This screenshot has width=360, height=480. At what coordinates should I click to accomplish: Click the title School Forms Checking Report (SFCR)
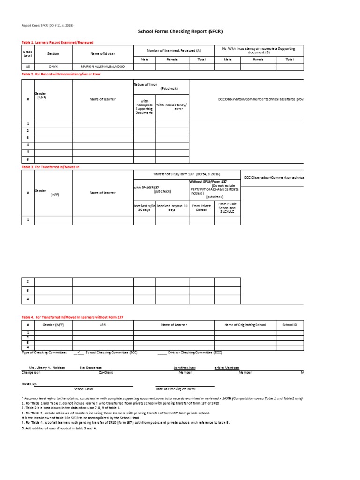pyautogui.click(x=180, y=32)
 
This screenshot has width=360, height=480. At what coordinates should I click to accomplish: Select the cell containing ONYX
pyautogui.click(x=53, y=67)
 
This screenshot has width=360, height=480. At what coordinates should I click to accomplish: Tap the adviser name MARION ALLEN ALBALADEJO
pyautogui.click(x=103, y=67)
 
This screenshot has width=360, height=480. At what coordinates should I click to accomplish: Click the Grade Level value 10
pyautogui.click(x=28, y=67)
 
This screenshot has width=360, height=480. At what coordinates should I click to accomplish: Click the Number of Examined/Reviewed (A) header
pyautogui.click(x=173, y=50)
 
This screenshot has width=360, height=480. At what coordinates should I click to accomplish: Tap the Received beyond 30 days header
pyautogui.click(x=172, y=208)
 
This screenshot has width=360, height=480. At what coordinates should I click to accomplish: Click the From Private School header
pyautogui.click(x=201, y=208)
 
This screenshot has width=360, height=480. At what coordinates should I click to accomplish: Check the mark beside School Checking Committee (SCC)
pyautogui.click(x=80, y=352)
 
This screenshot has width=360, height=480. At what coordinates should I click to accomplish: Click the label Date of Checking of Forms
pyautogui.click(x=175, y=389)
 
